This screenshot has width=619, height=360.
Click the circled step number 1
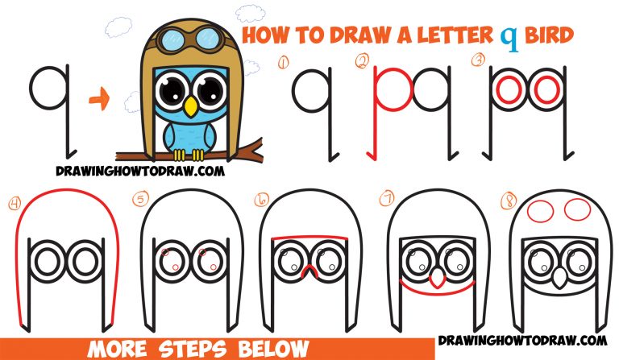pyautogui.click(x=283, y=61)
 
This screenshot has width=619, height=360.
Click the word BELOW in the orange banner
pyautogui.click(x=268, y=348)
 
